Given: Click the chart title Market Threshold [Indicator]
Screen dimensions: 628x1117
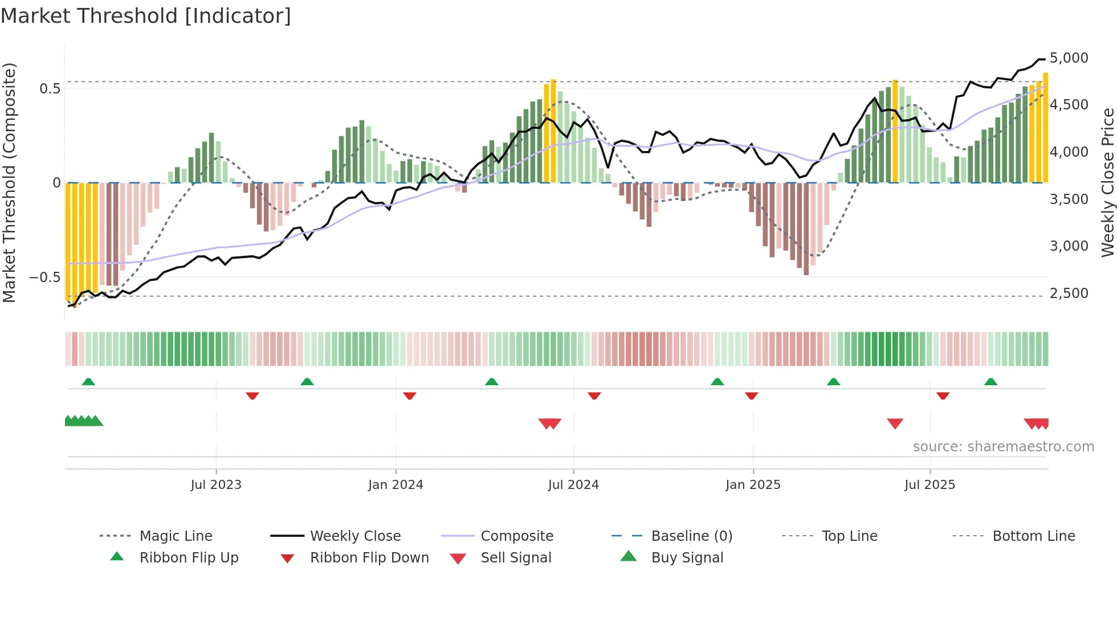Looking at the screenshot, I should [x=146, y=16].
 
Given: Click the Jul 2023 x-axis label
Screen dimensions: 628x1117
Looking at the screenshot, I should [x=216, y=485].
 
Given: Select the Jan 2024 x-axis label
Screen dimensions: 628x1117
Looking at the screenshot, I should [x=396, y=485].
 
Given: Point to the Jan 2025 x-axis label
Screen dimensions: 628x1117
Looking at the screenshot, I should [x=753, y=485].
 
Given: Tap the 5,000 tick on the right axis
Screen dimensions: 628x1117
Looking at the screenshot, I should [x=1069, y=58].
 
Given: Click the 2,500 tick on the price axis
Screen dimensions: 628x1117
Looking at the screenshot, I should [x=1069, y=293].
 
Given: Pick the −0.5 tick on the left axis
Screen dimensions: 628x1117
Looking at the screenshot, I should [x=45, y=278].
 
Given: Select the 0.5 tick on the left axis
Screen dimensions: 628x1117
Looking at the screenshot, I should [x=50, y=89].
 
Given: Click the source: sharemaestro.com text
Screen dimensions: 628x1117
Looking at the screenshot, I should [x=1003, y=447].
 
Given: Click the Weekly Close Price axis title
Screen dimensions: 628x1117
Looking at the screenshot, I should [x=1107, y=182].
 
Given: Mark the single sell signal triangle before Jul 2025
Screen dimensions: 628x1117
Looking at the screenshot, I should [x=895, y=423].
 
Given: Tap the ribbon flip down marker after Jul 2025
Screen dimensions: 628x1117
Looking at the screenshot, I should [x=943, y=395].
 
